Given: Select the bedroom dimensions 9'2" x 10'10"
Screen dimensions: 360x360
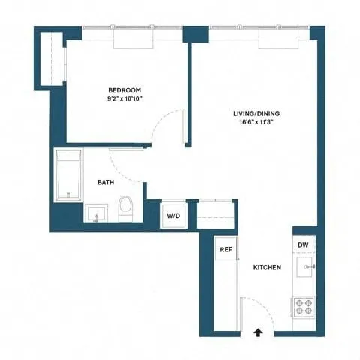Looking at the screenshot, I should [125, 97].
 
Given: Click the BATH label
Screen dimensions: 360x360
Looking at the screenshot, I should [106, 182].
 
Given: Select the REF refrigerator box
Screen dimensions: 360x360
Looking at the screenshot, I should [224, 249].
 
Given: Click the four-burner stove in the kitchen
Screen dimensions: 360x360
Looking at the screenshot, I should [304, 307].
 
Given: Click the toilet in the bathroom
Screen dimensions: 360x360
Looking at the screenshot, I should [126, 207].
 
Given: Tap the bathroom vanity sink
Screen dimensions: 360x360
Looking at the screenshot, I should [95, 214].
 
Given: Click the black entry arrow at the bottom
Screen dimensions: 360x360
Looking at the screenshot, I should [259, 329].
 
